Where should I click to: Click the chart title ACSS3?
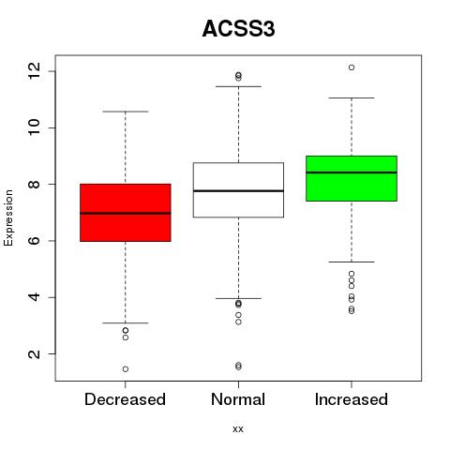pyautogui.click(x=238, y=29)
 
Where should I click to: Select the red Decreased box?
pyautogui.click(x=126, y=213)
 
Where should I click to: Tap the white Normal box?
pyautogui.click(x=238, y=189)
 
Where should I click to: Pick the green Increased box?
pyautogui.click(x=352, y=178)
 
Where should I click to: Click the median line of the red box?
pyautogui.click(x=126, y=214)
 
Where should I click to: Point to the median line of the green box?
pyautogui.click(x=352, y=172)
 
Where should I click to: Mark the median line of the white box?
pyautogui.click(x=238, y=190)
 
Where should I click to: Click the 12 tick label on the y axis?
pyautogui.click(x=35, y=71)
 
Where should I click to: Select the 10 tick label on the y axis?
pyautogui.click(x=35, y=127)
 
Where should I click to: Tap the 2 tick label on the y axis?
pyautogui.click(x=35, y=354)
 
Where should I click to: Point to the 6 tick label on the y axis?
pyautogui.click(x=35, y=241)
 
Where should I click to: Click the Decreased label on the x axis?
pyautogui.click(x=125, y=399)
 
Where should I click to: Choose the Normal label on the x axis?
pyautogui.click(x=238, y=399)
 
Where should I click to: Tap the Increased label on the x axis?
pyautogui.click(x=352, y=399)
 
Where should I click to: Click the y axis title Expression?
pyautogui.click(x=8, y=217)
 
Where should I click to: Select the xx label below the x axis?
pyautogui.click(x=238, y=429)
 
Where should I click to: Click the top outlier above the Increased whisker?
pyautogui.click(x=352, y=67)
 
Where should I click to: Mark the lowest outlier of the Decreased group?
pyautogui.click(x=126, y=369)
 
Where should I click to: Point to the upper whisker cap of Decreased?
pyautogui.click(x=126, y=112)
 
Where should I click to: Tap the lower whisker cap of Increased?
pyautogui.click(x=352, y=262)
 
